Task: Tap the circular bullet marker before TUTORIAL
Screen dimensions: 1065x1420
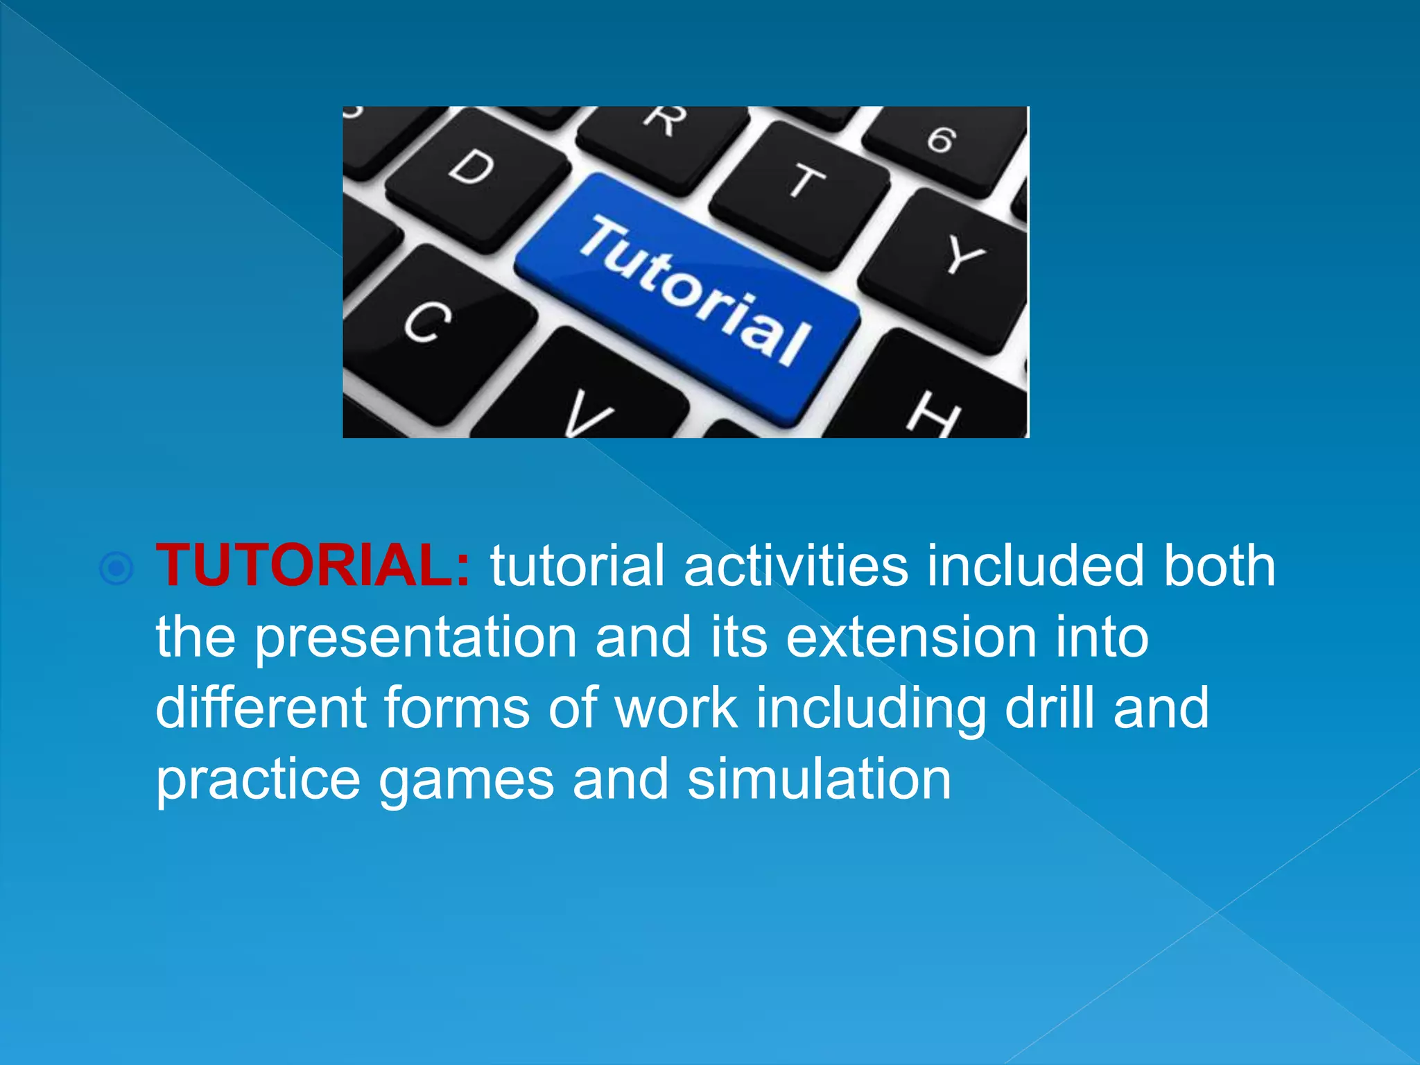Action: point(116,569)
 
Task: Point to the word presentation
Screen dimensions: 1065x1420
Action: point(416,638)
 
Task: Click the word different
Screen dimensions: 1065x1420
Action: point(261,709)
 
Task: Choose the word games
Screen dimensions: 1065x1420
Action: point(466,780)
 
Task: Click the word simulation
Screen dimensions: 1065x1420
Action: point(819,780)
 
